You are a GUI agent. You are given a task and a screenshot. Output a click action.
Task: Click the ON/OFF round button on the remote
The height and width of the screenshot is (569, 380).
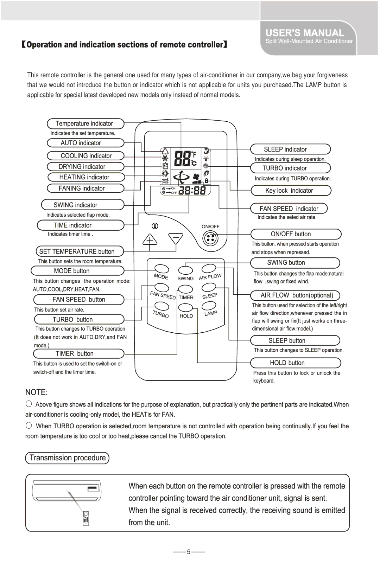pos(210,238)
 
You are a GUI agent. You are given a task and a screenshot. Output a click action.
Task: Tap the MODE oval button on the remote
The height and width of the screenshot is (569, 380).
pos(161,269)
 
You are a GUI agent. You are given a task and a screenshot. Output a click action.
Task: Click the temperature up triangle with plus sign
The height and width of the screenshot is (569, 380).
pos(150,239)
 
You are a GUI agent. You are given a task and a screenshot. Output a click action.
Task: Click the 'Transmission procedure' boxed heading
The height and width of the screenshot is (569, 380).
pos(67,458)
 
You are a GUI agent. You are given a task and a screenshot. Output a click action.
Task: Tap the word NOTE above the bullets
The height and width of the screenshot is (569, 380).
pos(36,392)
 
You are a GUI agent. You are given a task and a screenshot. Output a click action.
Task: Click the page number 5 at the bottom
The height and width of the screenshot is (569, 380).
pos(189,552)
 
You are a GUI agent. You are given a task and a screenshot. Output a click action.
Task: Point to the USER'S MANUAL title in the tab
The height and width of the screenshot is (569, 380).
pos(305,33)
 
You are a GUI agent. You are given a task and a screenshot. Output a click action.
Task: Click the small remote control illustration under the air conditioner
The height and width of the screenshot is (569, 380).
pos(86,518)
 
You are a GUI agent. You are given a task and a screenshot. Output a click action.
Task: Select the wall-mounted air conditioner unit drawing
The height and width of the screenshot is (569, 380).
pos(66,491)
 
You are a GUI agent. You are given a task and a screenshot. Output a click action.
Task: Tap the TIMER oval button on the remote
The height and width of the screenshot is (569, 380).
pos(185,289)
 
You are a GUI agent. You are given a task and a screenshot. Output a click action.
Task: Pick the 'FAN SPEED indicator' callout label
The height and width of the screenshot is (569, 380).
pos(289,209)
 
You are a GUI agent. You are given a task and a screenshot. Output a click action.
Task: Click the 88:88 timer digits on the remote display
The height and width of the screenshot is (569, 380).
pos(192,190)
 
